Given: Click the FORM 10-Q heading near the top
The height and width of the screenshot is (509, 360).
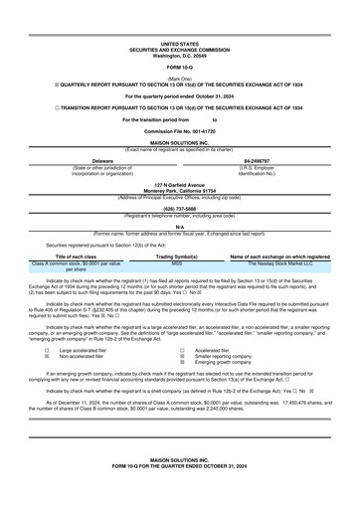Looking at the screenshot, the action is (x=179, y=67).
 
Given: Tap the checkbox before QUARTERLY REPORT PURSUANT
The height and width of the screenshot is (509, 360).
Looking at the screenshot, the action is (x=35, y=84).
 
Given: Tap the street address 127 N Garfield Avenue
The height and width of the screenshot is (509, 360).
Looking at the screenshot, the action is (x=179, y=185).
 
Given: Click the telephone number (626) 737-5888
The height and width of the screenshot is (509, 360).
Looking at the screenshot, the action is (x=179, y=209).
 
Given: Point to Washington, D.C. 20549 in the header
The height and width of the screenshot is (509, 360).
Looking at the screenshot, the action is (x=179, y=55).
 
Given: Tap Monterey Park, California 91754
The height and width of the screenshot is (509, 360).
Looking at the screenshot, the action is (x=179, y=191).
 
